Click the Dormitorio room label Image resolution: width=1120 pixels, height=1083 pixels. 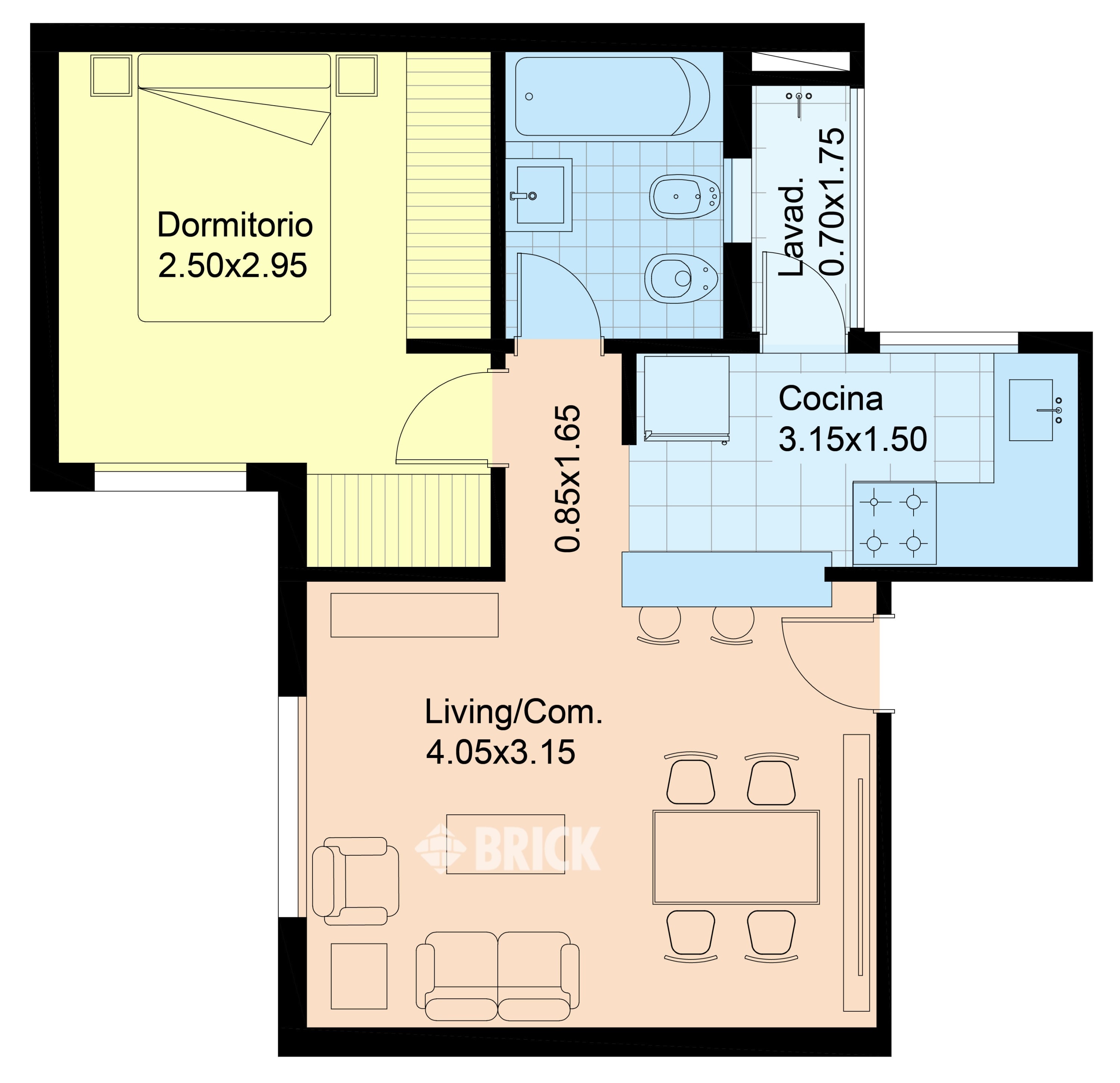click(x=235, y=225)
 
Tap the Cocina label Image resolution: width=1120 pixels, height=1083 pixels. click(x=830, y=398)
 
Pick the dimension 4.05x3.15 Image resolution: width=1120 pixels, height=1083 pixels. click(x=501, y=752)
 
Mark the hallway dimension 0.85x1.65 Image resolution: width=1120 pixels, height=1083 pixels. click(x=567, y=478)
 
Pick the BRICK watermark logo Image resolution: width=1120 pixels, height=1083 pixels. click(x=507, y=849)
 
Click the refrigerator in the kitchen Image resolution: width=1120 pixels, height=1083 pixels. click(x=686, y=399)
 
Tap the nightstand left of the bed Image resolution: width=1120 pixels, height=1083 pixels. click(x=111, y=75)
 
